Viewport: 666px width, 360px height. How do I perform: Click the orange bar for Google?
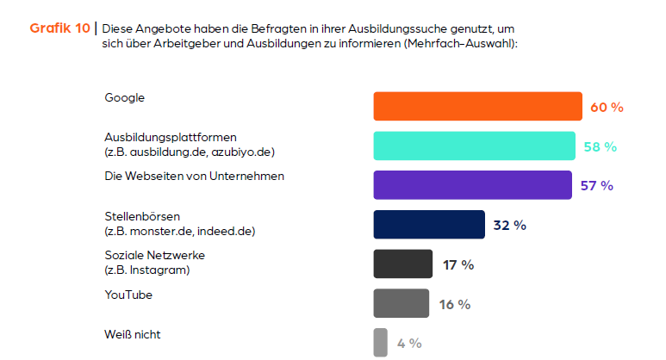(477, 107)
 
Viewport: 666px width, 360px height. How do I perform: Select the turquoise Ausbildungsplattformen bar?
(474, 146)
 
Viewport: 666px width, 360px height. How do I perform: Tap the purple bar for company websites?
(472, 185)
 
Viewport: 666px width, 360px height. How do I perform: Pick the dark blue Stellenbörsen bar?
(429, 225)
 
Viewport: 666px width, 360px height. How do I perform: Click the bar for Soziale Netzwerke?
(402, 264)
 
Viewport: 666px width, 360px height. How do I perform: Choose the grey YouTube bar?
(401, 303)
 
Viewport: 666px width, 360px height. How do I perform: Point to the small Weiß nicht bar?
(380, 342)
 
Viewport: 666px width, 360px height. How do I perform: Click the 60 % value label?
(607, 108)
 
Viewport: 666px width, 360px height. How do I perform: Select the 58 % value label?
(600, 147)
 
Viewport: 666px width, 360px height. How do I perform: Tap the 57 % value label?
(596, 186)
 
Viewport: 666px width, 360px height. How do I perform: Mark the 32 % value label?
(509, 226)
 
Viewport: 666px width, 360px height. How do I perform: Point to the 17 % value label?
(458, 265)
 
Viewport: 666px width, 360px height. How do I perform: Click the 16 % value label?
(454, 304)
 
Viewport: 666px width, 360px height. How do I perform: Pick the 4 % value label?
(409, 344)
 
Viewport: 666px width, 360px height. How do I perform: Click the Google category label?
(125, 97)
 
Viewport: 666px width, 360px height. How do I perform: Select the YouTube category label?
(128, 295)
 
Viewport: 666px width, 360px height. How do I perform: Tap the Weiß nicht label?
(133, 334)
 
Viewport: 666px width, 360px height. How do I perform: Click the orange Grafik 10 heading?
(59, 28)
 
